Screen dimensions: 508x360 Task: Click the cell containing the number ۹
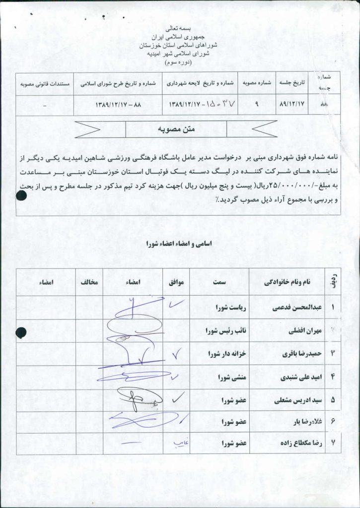pos(257,105)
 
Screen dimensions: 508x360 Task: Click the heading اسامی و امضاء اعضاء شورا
pos(177,244)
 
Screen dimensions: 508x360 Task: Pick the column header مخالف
pos(89,282)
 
